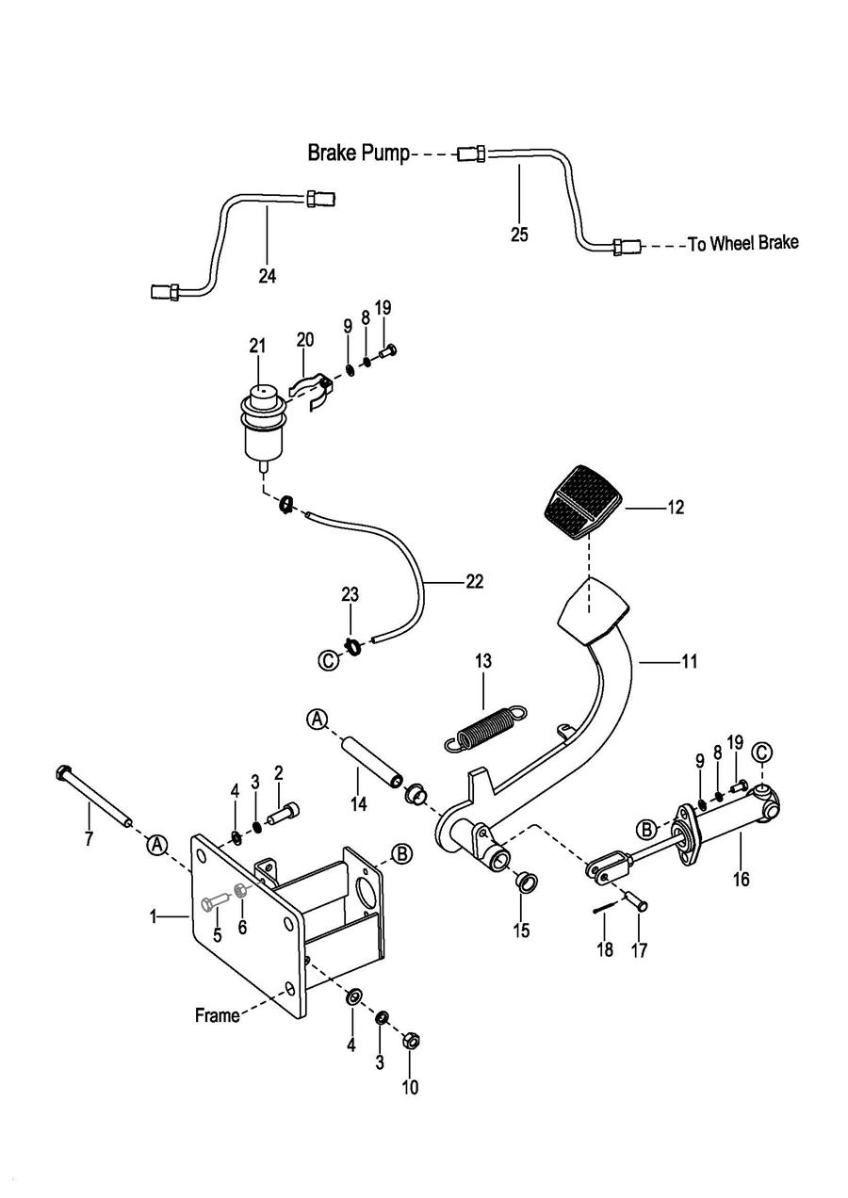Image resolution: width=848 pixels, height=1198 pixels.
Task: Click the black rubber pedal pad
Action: point(581,502)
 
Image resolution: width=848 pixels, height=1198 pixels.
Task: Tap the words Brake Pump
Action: point(358,154)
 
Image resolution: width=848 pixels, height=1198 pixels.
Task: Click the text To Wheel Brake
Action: point(743,244)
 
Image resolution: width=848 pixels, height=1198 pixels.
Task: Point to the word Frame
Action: point(218,1014)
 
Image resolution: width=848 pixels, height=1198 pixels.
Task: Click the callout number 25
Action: point(519,234)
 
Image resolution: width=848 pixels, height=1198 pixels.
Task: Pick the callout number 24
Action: point(267,276)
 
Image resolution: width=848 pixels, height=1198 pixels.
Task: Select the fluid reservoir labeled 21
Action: point(263,427)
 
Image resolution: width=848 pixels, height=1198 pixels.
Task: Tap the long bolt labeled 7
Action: point(93,795)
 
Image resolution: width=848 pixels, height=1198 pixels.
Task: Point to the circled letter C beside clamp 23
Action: point(328,660)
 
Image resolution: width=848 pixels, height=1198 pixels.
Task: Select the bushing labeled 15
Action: point(524,882)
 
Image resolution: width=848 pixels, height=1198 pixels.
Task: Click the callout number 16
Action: point(741,880)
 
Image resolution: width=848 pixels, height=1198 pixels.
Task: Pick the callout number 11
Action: point(690,662)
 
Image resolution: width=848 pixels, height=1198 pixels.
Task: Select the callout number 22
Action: point(475,581)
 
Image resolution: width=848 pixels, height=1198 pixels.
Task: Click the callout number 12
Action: point(676,507)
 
